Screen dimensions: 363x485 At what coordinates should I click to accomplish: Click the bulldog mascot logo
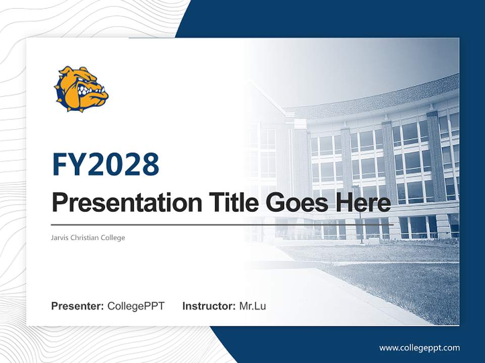pyautogui.click(x=81, y=89)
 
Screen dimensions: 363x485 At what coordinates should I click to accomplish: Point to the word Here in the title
pyautogui.click(x=362, y=203)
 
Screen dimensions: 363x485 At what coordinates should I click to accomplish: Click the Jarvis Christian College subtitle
pyautogui.click(x=88, y=237)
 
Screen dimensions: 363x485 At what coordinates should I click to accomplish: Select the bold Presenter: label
pyautogui.click(x=78, y=306)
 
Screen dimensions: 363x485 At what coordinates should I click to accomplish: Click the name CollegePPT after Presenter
pyautogui.click(x=136, y=306)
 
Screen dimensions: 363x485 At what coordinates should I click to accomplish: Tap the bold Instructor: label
pyautogui.click(x=209, y=306)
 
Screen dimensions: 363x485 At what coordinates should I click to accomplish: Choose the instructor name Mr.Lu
pyautogui.click(x=252, y=306)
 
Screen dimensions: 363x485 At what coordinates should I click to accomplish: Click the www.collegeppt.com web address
pyautogui.click(x=419, y=347)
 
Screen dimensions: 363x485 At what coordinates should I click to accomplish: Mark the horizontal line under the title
pyautogui.click(x=222, y=225)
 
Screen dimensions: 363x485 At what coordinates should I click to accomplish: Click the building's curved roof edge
pyautogui.click(x=384, y=96)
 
